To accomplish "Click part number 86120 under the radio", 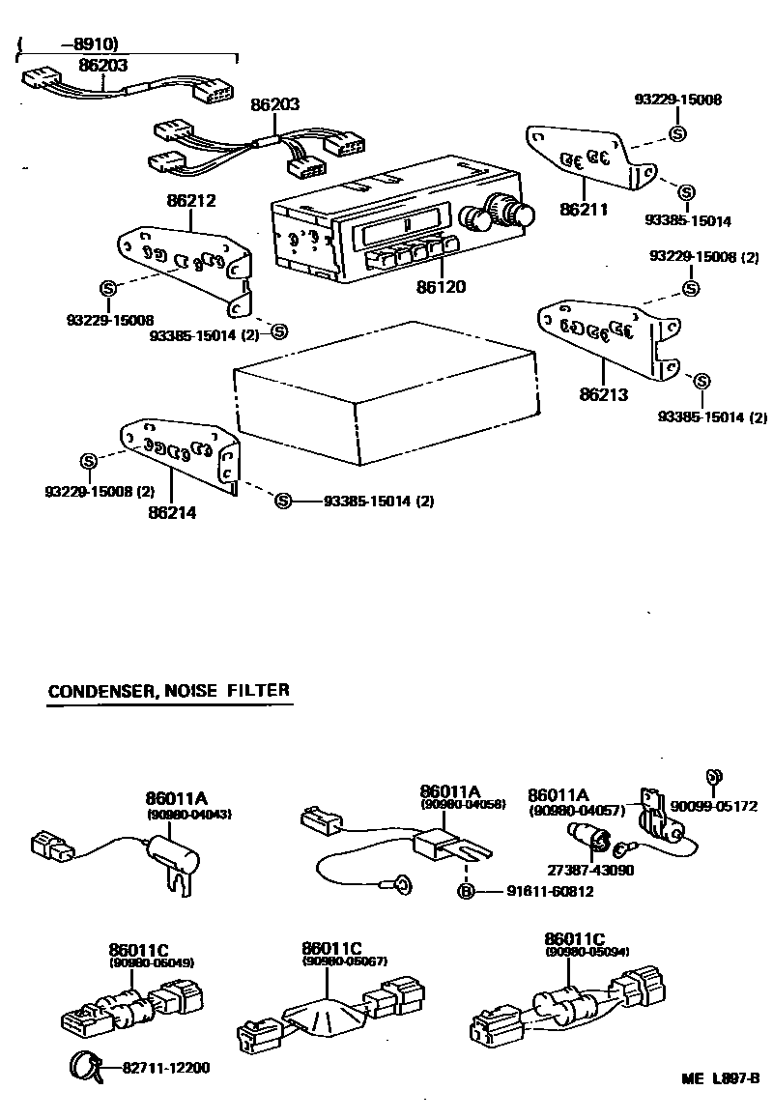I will pyautogui.click(x=442, y=288).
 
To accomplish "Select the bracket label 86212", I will pyautogui.click(x=191, y=202).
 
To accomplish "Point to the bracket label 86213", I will pyautogui.click(x=605, y=394).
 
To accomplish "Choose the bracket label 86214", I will pyautogui.click(x=172, y=513).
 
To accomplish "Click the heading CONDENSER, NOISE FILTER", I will pyautogui.click(x=168, y=691).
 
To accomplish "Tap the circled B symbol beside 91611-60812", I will pyautogui.click(x=466, y=891).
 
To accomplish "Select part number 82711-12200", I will pyautogui.click(x=166, y=1068).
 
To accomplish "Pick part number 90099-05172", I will pyautogui.click(x=714, y=806).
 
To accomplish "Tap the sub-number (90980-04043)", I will pyautogui.click(x=189, y=815).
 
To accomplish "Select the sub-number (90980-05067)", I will pyautogui.click(x=344, y=961).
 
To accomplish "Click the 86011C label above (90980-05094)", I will pyautogui.click(x=574, y=938).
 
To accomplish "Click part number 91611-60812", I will pyautogui.click(x=550, y=891).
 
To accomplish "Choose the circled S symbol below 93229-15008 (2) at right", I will pyautogui.click(x=692, y=289).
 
